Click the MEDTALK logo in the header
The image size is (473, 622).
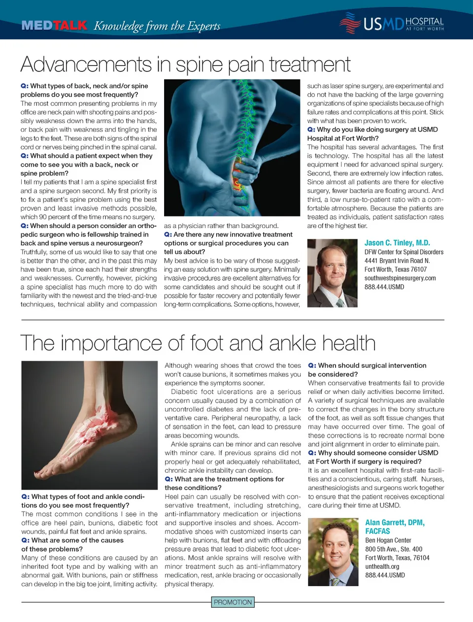54,26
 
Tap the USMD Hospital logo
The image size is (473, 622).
392,24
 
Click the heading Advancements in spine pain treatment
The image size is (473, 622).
185,64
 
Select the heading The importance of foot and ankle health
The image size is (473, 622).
198,343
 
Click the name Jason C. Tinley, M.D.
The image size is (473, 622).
397,243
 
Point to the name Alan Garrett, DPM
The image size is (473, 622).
395,523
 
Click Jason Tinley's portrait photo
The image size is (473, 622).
332,273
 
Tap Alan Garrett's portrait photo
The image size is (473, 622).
333,552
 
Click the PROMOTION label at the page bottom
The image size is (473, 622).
233,602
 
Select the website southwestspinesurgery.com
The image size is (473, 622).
400,278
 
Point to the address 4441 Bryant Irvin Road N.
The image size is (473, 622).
397,261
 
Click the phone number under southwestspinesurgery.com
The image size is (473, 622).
384,287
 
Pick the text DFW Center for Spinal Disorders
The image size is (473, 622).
404,252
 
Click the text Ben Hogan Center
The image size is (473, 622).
388,540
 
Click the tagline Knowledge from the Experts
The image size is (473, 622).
157,26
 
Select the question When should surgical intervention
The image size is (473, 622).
372,365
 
